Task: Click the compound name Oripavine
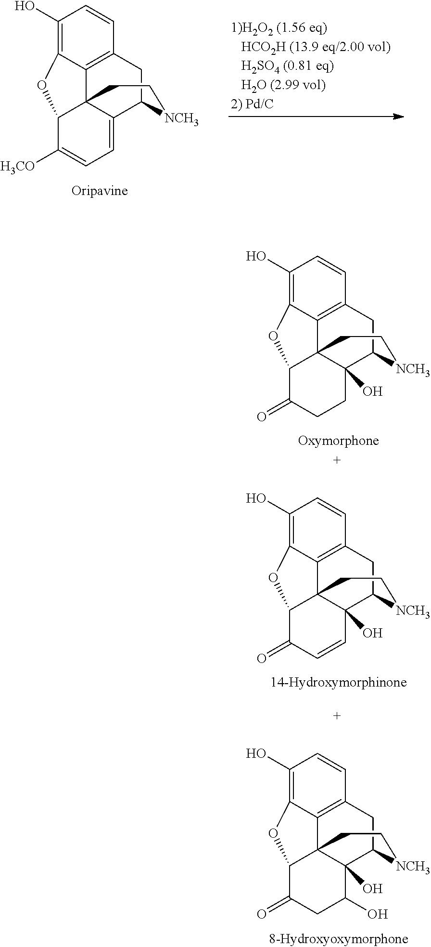click(100, 191)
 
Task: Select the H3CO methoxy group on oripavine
click(18, 167)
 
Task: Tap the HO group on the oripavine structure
click(25, 7)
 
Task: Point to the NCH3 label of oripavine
click(181, 118)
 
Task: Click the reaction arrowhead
click(398, 116)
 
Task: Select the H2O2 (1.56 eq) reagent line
click(279, 29)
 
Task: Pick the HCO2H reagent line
click(316, 48)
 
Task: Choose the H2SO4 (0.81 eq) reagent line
click(287, 66)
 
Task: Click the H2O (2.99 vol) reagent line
click(283, 85)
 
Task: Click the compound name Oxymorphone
click(338, 441)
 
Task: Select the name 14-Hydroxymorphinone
click(338, 682)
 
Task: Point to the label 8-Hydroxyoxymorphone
click(338, 938)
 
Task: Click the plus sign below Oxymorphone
click(337, 460)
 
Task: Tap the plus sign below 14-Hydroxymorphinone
click(337, 716)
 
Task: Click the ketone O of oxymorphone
click(261, 417)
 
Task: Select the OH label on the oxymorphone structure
click(373, 391)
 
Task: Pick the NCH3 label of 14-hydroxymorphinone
click(413, 611)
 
